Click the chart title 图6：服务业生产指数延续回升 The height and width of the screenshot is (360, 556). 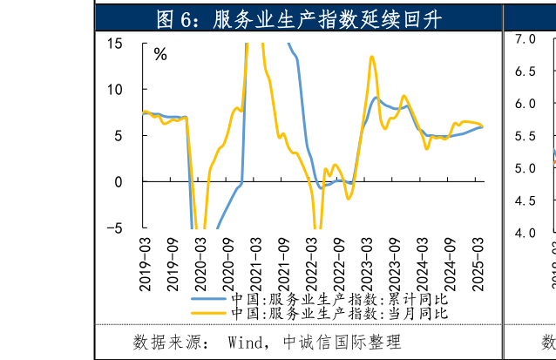click(298, 17)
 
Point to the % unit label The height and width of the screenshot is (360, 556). click(160, 54)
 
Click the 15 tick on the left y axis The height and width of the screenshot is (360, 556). click(115, 43)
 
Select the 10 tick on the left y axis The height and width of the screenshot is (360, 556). click(115, 89)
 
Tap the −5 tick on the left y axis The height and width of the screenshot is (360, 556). click(115, 228)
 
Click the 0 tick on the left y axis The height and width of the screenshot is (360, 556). click(119, 181)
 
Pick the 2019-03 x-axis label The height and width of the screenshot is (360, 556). click(145, 254)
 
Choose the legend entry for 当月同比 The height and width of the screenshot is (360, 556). click(340, 313)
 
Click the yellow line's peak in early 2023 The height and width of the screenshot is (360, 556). click(372, 57)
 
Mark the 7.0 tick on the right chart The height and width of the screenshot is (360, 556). click(525, 39)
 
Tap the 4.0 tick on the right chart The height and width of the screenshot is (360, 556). click(525, 233)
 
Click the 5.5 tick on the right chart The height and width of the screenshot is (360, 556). click(525, 136)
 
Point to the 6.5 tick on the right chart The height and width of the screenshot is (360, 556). click(525, 71)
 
